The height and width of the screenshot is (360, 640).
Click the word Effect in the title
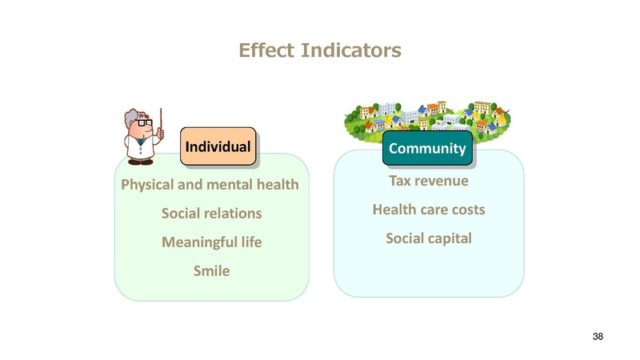click(266, 50)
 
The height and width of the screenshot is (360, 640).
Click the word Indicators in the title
click(351, 50)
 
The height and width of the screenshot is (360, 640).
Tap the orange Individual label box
click(218, 146)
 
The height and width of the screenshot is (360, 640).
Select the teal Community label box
click(427, 148)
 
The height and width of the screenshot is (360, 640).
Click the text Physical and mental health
click(210, 185)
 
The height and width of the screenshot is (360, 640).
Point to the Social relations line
click(211, 213)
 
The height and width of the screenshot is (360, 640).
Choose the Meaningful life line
click(211, 242)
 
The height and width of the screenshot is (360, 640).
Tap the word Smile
click(211, 270)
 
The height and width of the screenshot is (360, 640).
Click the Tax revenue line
click(429, 181)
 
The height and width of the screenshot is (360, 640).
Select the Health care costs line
click(429, 210)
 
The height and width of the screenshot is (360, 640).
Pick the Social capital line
click(429, 238)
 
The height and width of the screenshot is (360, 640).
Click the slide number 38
click(598, 336)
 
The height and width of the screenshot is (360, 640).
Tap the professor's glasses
click(145, 122)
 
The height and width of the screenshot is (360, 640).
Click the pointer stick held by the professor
click(161, 123)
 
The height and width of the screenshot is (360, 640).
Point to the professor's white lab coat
click(141, 148)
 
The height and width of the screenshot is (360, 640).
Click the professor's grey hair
click(132, 117)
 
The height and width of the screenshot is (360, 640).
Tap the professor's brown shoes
click(141, 162)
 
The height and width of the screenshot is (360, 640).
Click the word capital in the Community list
click(451, 238)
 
